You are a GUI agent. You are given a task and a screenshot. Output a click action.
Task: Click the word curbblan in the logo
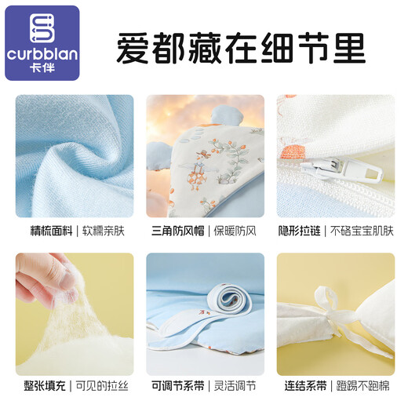click(x=42, y=54)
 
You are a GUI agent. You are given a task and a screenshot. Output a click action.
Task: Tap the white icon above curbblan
click(x=42, y=28)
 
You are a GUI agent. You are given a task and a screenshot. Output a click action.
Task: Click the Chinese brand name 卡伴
click(x=42, y=68)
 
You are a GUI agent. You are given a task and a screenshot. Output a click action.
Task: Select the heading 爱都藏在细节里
click(x=241, y=49)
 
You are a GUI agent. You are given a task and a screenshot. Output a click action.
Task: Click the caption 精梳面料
click(x=51, y=231)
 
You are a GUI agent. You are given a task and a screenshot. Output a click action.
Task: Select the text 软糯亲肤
click(x=104, y=231)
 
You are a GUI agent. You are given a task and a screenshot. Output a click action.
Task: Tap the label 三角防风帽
click(x=178, y=231)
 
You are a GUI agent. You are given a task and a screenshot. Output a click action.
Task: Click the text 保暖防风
click(x=235, y=231)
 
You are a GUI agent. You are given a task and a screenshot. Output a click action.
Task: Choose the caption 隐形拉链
click(x=299, y=231)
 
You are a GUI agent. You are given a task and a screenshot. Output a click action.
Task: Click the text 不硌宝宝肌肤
click(x=362, y=231)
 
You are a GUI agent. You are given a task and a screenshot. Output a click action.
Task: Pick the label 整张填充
click(x=45, y=386)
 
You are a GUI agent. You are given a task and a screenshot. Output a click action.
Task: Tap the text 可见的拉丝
click(x=102, y=386)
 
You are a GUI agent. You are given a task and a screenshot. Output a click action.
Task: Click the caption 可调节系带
click(x=178, y=386)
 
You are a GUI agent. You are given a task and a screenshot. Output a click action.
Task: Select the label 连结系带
click(x=305, y=386)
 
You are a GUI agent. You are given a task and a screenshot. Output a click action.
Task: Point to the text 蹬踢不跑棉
click(x=362, y=386)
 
